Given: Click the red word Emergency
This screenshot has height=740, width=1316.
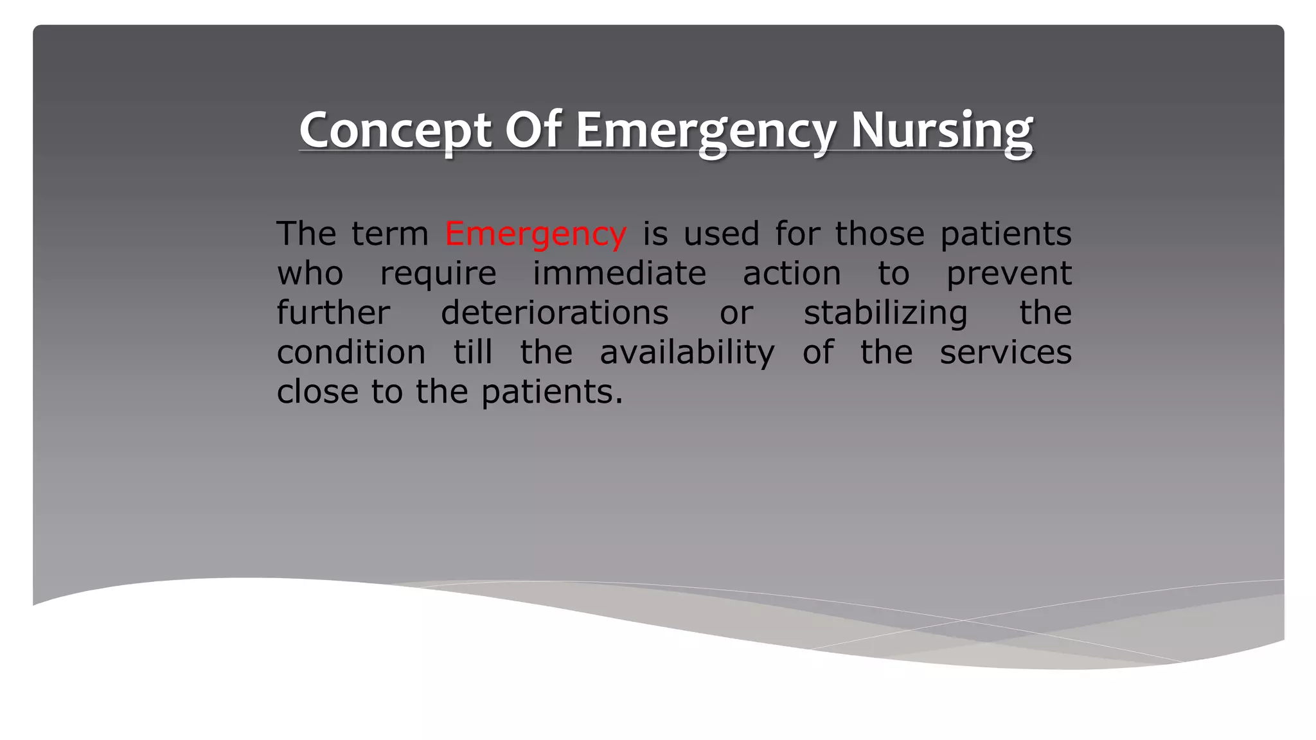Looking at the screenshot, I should tap(535, 234).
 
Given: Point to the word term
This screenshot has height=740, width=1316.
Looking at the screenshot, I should tap(390, 234).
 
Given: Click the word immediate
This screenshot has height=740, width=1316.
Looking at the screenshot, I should tap(619, 274).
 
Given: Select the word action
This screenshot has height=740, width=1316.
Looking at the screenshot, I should tap(792, 274).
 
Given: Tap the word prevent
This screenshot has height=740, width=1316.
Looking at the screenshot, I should tap(1008, 274).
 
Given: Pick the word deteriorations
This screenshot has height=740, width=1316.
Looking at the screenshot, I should tap(555, 313).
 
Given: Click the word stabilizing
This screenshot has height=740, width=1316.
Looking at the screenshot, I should tap(885, 313).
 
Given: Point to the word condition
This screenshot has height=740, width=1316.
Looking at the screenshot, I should tap(351, 353).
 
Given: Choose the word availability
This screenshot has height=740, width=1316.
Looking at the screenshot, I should tap(687, 353).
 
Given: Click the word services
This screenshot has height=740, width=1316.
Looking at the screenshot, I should tap(1006, 353).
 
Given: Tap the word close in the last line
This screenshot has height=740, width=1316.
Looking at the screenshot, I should tap(317, 392).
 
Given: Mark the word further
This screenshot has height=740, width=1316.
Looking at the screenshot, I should tap(333, 313).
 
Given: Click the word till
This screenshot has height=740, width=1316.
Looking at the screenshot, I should tap(473, 353).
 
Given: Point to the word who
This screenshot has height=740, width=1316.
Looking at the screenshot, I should tap(310, 274).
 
